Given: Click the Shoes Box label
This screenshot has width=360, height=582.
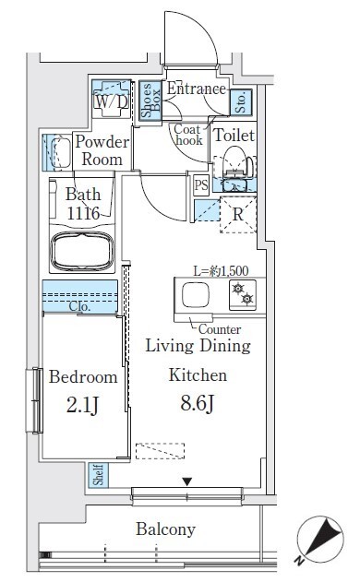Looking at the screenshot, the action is pyautogui.click(x=150, y=100).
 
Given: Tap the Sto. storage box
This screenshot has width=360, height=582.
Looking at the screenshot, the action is pyautogui.click(x=241, y=101).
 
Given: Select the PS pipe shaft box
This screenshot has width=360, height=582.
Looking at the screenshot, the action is pyautogui.click(x=201, y=184).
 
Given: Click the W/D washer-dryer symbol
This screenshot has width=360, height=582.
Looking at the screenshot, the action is pyautogui.click(x=112, y=99).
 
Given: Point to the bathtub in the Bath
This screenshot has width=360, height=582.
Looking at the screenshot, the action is pyautogui.click(x=82, y=251).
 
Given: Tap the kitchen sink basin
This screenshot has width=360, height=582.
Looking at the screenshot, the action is pyautogui.click(x=195, y=295).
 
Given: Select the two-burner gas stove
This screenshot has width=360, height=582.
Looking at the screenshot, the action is pyautogui.click(x=243, y=295).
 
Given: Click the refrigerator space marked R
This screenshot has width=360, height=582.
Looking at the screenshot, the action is pyautogui.click(x=238, y=215).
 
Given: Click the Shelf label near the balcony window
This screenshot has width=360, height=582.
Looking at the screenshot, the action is pyautogui.click(x=98, y=475).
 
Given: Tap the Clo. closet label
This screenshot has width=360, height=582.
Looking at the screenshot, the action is pyautogui.click(x=79, y=306).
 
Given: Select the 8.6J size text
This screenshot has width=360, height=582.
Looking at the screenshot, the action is pyautogui.click(x=197, y=403).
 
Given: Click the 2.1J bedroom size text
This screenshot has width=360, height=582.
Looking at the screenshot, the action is pyautogui.click(x=82, y=405).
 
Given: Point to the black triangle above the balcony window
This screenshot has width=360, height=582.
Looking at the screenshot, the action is pyautogui.click(x=186, y=481).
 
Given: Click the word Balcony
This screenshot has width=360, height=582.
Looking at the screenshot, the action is pyautogui.click(x=166, y=529).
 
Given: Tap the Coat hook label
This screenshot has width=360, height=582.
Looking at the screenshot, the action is pyautogui.click(x=188, y=135).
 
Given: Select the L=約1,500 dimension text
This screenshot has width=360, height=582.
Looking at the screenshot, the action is pyautogui.click(x=221, y=271).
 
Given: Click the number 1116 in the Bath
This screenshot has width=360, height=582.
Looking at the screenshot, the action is pyautogui.click(x=83, y=213).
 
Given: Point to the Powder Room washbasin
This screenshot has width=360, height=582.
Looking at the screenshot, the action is pyautogui.click(x=59, y=153).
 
